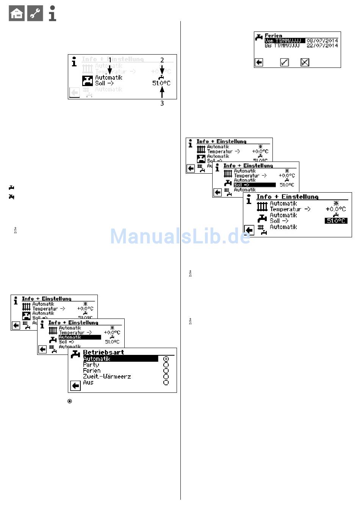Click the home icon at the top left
click(16, 14)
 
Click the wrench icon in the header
click(35, 14)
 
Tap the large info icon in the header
click(53, 13)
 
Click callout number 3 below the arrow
click(162, 103)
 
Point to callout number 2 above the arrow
click(162, 60)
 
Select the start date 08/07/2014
click(322, 41)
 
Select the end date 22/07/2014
click(322, 45)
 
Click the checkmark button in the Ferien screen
click(285, 62)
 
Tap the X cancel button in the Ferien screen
click(305, 62)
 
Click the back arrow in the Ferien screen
click(259, 62)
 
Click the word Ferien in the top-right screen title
click(273, 36)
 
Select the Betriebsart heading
click(103, 352)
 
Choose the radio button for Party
click(166, 365)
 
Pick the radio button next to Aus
click(166, 383)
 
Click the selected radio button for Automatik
click(166, 359)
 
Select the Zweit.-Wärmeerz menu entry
click(107, 377)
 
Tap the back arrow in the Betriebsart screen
click(76, 386)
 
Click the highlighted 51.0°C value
click(336, 221)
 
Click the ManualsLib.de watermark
click(180, 236)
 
